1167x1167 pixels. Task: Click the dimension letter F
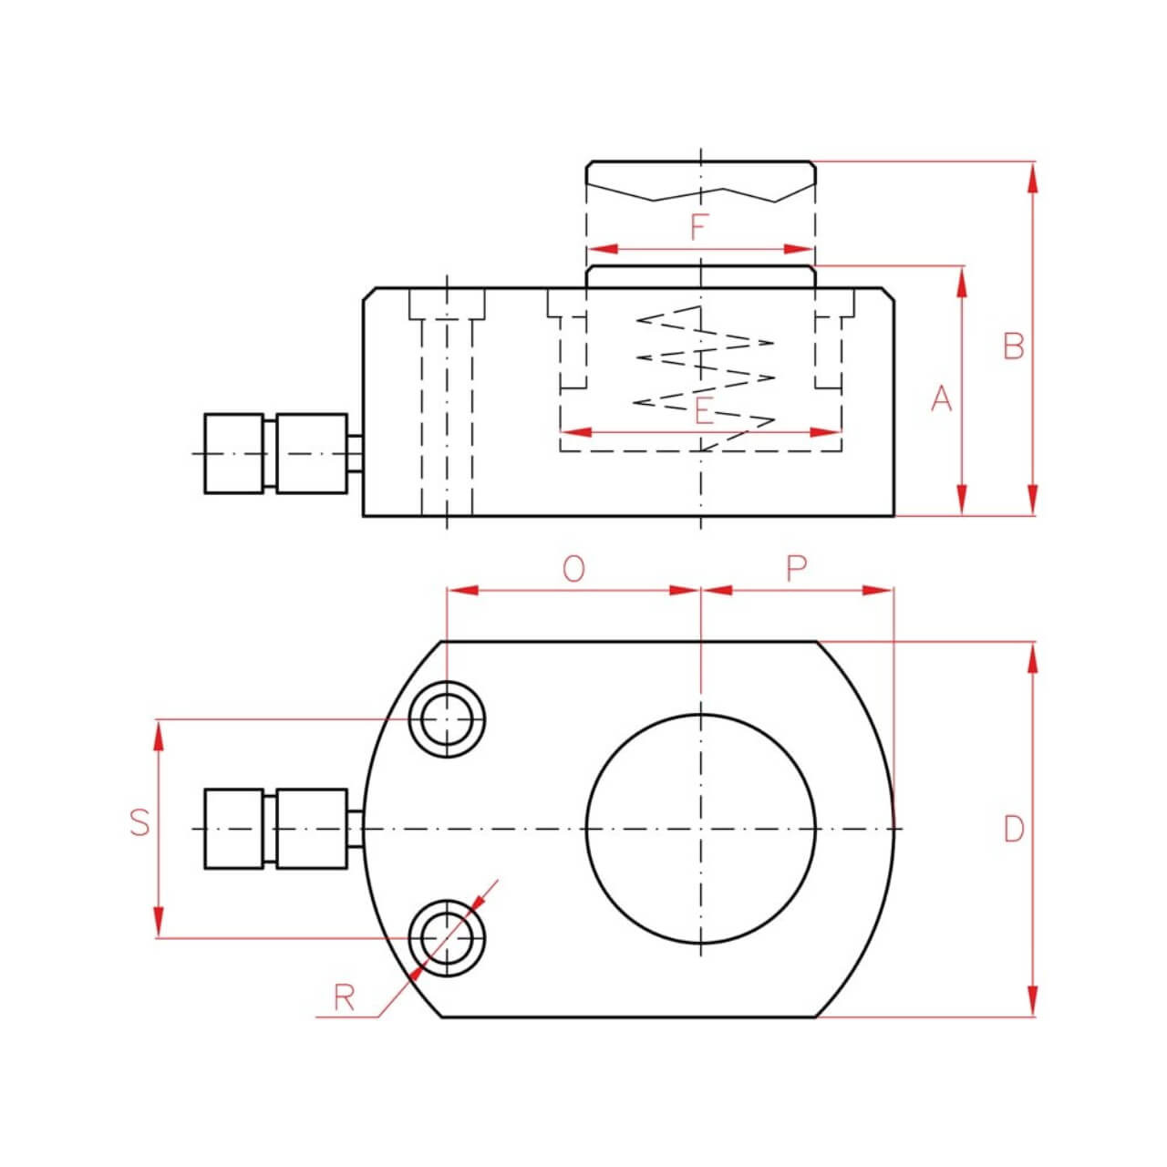pos(699,226)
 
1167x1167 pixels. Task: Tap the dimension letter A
pos(941,398)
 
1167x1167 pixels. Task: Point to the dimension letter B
pos(1013,346)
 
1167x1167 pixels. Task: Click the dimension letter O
pos(573,569)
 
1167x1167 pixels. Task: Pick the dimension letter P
pos(796,569)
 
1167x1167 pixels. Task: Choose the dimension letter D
pos(1013,830)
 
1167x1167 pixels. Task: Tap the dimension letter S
pos(139,822)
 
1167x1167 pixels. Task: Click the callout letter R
pos(344,998)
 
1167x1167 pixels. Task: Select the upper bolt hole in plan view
pos(447,719)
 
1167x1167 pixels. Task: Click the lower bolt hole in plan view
pos(447,938)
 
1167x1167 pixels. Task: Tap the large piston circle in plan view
pos(700,829)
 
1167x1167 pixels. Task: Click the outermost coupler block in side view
pos(233,453)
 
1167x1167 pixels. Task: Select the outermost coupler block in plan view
pos(233,828)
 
